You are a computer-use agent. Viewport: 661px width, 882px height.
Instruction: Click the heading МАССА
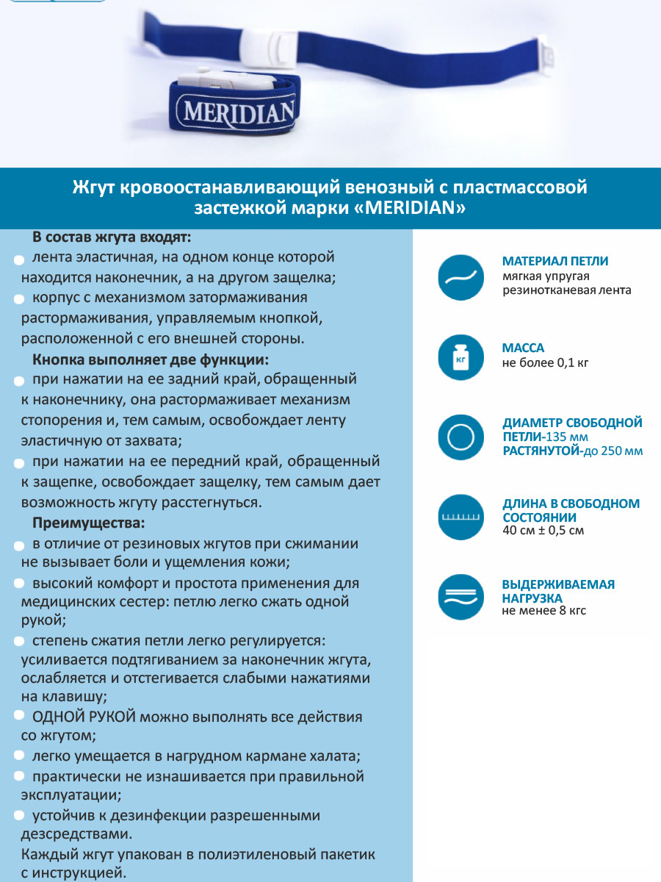(523, 348)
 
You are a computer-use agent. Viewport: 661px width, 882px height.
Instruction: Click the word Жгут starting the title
(93, 187)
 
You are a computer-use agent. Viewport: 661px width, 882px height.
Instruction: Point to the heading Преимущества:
(89, 523)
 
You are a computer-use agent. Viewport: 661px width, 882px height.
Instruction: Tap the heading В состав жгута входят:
(111, 237)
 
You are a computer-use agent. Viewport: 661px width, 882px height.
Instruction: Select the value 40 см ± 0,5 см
(543, 531)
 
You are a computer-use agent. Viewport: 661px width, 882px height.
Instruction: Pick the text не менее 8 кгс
(543, 611)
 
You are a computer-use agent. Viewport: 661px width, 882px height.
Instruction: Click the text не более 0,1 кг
(545, 362)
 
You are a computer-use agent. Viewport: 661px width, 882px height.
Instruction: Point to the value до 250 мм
(612, 451)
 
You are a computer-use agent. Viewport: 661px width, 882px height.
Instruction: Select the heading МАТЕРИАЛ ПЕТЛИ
(555, 261)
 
